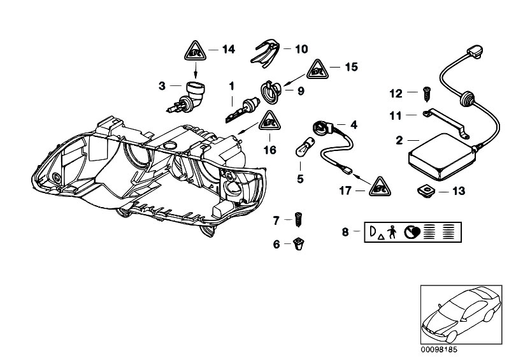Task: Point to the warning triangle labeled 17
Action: (379, 185)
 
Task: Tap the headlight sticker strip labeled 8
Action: (413, 232)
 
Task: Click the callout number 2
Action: (399, 140)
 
